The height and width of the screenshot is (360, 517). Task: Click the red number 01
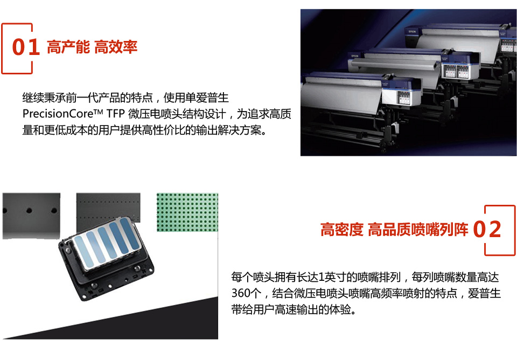pyautogui.click(x=26, y=47)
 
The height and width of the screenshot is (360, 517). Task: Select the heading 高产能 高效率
pyautogui.click(x=92, y=47)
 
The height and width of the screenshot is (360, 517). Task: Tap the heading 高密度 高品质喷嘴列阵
pyautogui.click(x=394, y=230)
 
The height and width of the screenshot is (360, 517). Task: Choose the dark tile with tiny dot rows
pyautogui.click(x=108, y=213)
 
